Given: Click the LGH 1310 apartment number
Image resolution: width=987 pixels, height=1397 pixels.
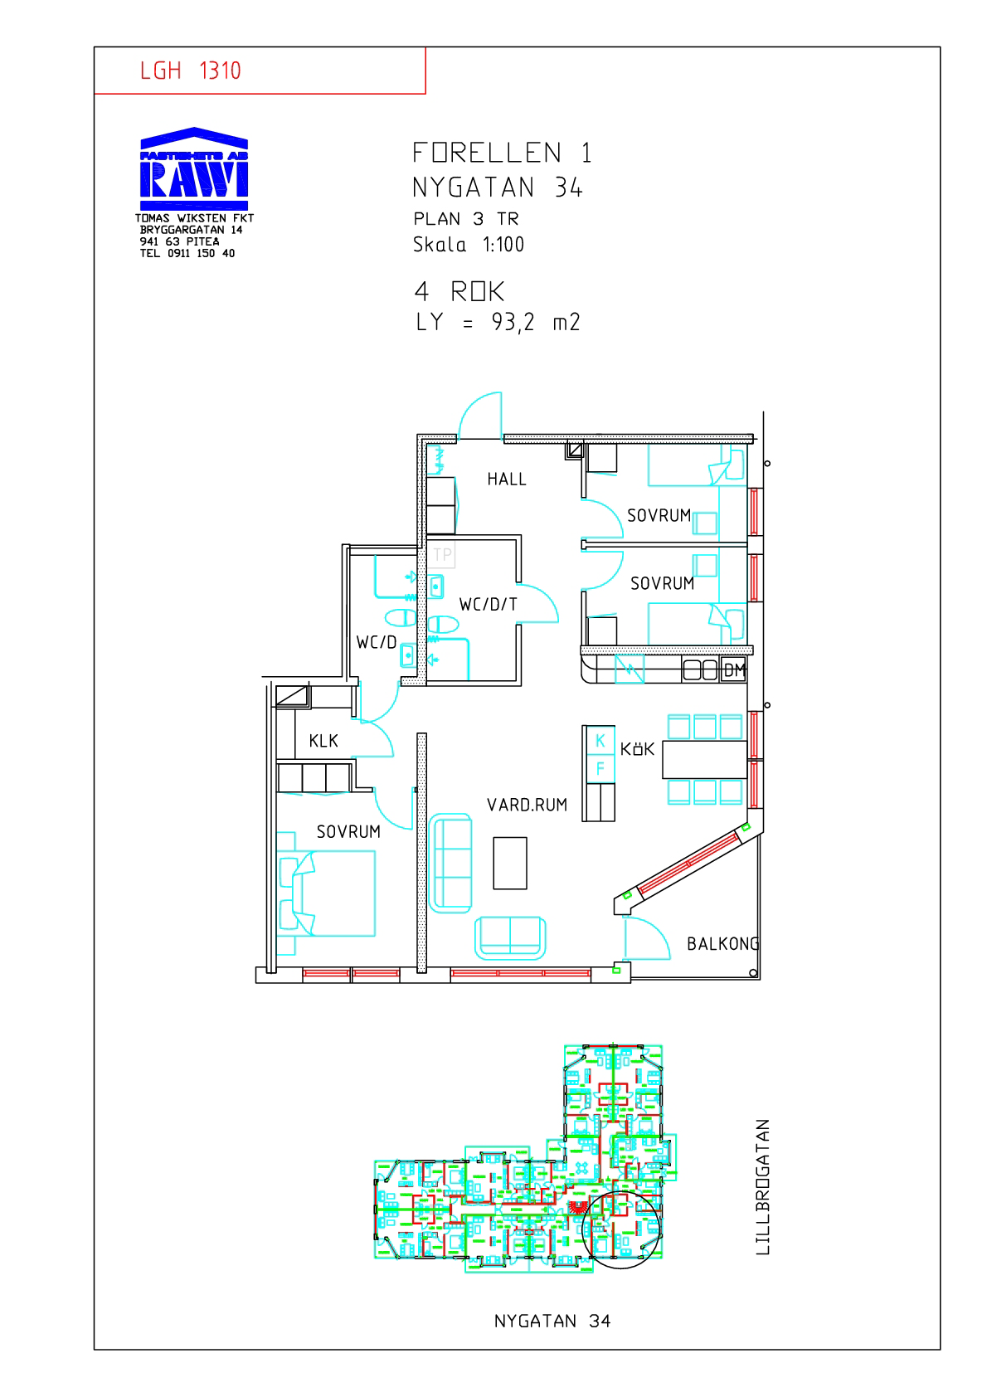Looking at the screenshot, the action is [190, 71].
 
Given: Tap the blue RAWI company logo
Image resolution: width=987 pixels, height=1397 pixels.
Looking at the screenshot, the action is [194, 168].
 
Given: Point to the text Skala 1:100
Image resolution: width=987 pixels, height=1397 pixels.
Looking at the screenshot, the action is [469, 245].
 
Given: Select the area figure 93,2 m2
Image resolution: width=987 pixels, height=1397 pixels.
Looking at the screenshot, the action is [536, 322].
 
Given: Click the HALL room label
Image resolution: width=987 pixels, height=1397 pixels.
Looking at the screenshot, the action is [506, 479].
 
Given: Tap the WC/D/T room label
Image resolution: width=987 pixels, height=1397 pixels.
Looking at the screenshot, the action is [488, 604].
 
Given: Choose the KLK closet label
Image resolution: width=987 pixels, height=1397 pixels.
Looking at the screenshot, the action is [323, 741].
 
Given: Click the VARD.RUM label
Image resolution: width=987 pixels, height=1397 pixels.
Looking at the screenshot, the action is [527, 806].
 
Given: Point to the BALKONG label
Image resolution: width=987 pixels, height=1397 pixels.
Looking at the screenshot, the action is [722, 944].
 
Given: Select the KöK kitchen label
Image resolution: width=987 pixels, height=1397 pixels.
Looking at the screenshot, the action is [637, 749].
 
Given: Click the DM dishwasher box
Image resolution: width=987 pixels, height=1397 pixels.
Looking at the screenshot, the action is [733, 670].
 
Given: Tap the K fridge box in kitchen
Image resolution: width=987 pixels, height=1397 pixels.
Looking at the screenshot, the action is [599, 740].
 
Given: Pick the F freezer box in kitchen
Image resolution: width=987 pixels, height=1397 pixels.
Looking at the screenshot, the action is [599, 768].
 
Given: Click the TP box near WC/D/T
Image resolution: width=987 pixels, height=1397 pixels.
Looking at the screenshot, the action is [441, 554].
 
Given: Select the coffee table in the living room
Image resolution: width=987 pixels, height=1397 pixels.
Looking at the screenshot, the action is [510, 863].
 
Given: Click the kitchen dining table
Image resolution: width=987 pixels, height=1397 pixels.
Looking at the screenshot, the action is [704, 760].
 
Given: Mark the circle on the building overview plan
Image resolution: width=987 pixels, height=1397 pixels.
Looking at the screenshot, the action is [621, 1230].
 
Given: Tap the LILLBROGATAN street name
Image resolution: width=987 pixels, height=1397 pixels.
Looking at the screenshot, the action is [762, 1187].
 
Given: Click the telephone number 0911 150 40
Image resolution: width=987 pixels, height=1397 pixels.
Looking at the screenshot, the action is [201, 253].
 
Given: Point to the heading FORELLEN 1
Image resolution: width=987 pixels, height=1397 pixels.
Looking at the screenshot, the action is [502, 153].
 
